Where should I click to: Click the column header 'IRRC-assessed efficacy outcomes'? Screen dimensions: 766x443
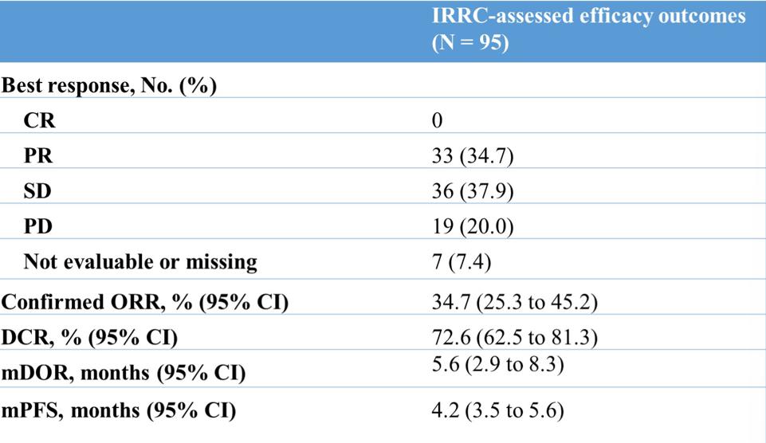point(589,16)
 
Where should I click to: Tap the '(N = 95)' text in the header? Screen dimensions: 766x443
point(470,42)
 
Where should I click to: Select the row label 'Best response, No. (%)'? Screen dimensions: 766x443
point(109,86)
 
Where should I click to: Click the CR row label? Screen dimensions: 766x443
point(40,120)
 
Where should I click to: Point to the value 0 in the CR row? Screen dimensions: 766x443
point(438,120)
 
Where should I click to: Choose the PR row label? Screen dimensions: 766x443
point(38,156)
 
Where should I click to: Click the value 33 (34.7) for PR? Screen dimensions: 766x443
point(473,156)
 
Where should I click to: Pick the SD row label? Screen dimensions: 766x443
point(37,191)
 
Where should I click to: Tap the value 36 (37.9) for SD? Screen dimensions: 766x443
point(473,191)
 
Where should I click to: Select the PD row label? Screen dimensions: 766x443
point(38,226)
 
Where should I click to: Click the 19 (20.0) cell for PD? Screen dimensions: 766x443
point(473,226)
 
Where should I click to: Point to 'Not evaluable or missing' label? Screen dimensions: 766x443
point(141,262)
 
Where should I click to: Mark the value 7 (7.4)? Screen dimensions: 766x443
point(462,262)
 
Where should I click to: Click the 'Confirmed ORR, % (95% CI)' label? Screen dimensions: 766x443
point(144,302)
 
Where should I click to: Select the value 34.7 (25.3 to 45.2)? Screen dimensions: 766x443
point(514,302)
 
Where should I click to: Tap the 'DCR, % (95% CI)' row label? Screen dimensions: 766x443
point(89,338)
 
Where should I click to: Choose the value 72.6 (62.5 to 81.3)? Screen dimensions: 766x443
point(514,337)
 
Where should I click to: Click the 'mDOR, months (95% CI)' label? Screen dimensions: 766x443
point(123,373)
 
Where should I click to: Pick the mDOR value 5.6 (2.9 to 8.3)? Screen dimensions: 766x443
point(498,364)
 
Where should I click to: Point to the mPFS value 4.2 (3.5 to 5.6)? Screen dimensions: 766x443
point(498,410)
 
